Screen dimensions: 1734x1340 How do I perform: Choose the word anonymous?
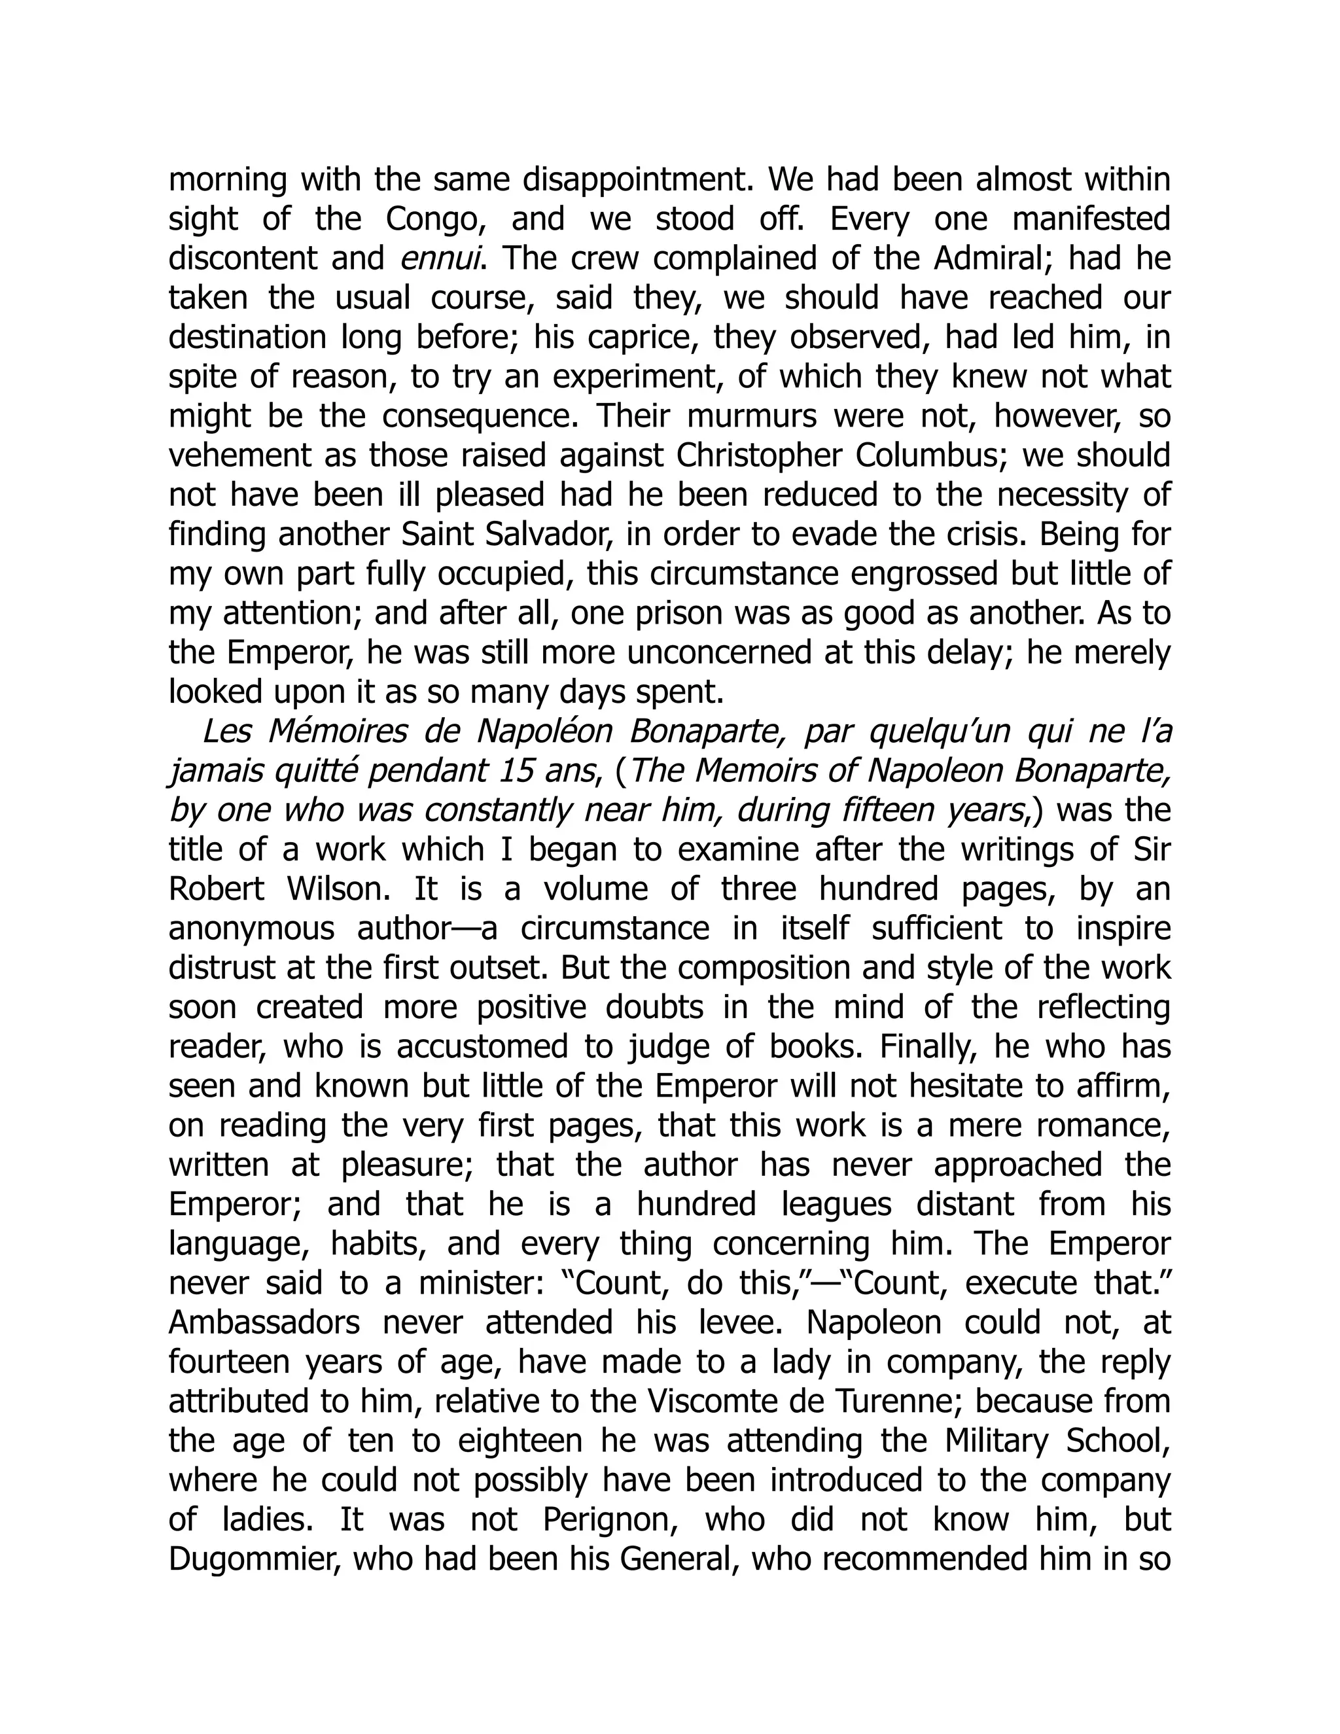click(x=251, y=929)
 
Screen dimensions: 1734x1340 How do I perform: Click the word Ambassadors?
click(x=264, y=1322)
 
